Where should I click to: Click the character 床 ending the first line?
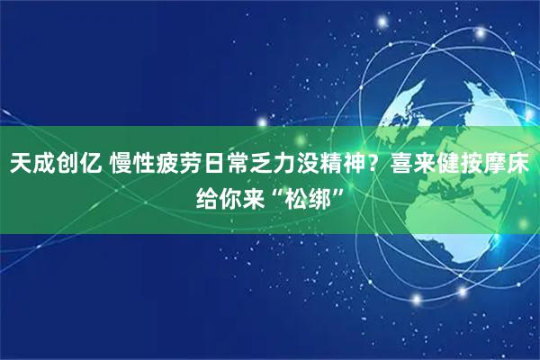click(520, 165)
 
